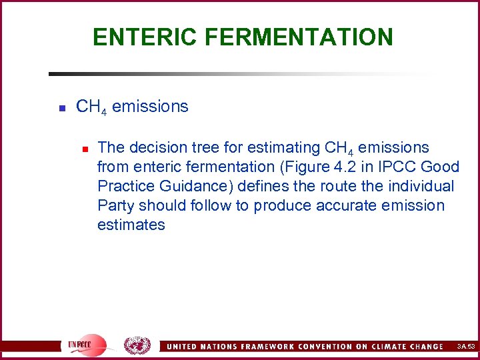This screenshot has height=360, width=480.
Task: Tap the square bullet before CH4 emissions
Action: [x=61, y=107]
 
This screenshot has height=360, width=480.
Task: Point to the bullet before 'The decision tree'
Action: [x=83, y=148]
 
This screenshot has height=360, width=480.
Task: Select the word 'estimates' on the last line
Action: [x=131, y=225]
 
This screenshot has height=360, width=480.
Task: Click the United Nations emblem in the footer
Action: [x=137, y=345]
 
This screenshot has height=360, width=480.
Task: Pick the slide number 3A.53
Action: [x=465, y=347]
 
